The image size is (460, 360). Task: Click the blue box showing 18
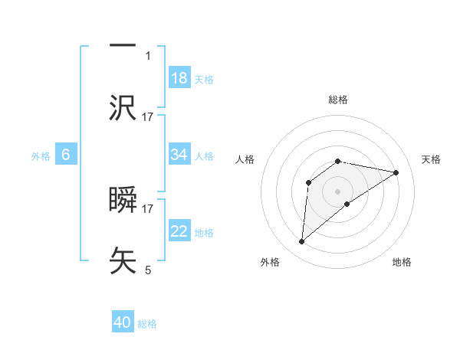(179, 78)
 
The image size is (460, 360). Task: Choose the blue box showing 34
(179, 155)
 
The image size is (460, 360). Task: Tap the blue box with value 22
(179, 231)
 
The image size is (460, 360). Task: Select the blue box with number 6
(66, 155)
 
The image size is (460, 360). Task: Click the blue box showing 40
(123, 323)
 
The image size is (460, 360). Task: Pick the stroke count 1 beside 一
(148, 56)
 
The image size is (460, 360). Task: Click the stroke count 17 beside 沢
(148, 116)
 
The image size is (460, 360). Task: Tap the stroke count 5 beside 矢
(148, 270)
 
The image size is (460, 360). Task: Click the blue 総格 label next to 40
(147, 324)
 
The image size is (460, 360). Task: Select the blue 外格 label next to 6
(41, 155)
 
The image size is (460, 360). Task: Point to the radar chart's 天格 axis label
(432, 159)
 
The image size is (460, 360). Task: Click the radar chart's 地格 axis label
(402, 262)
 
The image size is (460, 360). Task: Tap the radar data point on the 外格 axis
(301, 242)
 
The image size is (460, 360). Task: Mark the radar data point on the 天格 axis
(396, 172)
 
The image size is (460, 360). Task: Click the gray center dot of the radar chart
(338, 191)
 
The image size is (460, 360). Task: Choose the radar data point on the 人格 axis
(309, 182)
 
